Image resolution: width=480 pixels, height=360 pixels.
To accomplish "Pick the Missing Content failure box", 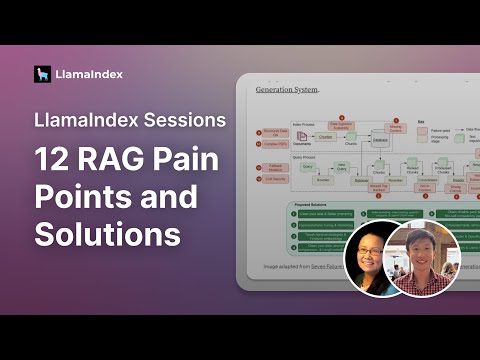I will click(398, 129).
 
